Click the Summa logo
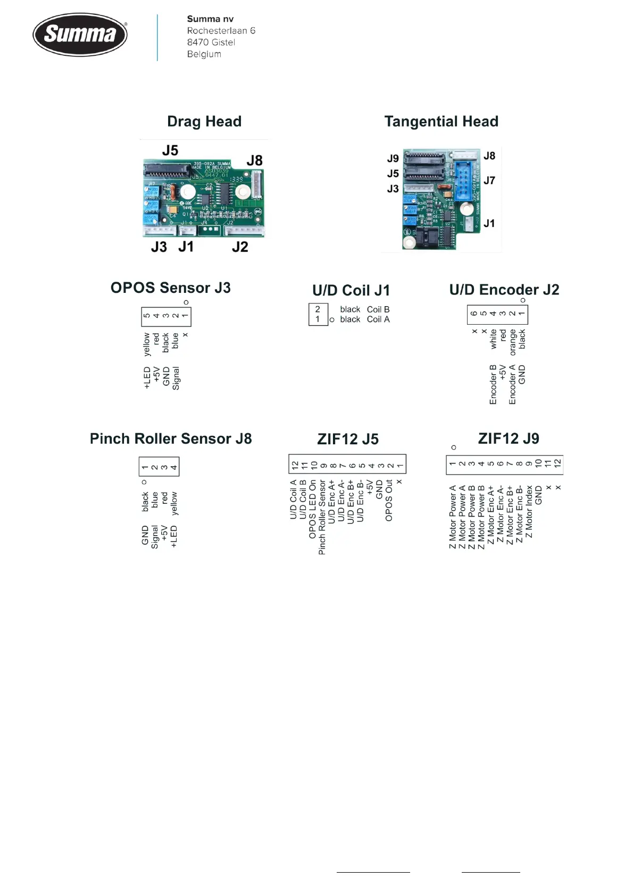pos(80,35)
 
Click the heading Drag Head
pos(204,122)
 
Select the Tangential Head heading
pos(441,122)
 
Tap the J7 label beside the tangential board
pos(489,181)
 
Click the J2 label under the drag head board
pos(240,247)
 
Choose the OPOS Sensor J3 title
pos(170,288)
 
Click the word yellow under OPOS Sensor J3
pos(147,344)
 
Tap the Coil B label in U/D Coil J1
pos(378,309)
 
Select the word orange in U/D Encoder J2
pos(513,342)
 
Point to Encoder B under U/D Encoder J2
pos(493,384)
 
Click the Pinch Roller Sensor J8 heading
pos(170,439)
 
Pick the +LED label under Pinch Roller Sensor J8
pos(174,537)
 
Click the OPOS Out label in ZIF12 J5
pos(389,501)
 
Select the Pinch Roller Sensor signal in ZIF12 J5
pos(322,518)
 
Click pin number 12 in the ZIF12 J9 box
pos(557,463)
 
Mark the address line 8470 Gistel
pos(211,43)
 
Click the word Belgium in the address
pos(204,54)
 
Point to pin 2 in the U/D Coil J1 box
pos(318,309)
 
